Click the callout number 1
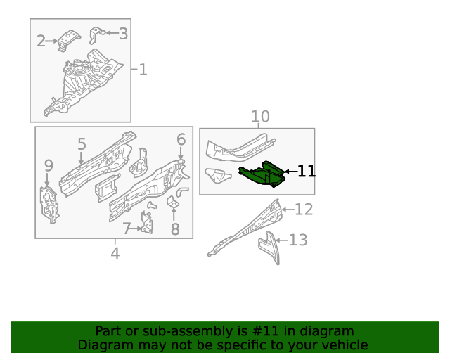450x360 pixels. click(143, 70)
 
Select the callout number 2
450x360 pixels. click(41, 41)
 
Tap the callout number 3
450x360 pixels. click(123, 33)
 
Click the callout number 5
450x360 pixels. click(82, 145)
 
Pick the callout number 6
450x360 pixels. click(181, 139)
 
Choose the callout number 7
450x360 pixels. click(127, 228)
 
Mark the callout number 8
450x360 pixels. click(175, 229)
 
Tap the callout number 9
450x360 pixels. click(49, 166)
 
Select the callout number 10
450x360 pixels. click(260, 117)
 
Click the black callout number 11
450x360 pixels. click(306, 171)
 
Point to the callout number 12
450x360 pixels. click(303, 209)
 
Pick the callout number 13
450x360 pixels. click(298, 240)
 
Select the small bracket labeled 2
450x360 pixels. click(68, 41)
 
